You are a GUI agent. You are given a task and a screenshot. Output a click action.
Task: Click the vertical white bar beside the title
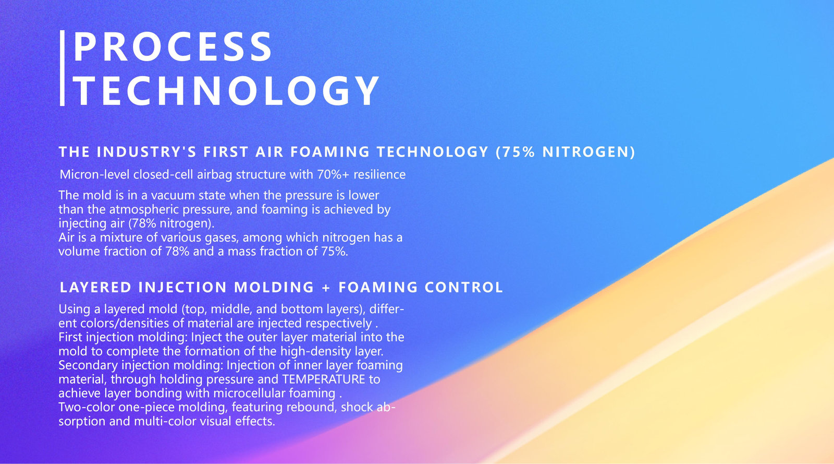62,68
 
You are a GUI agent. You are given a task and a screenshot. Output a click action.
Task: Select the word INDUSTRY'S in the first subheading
146,152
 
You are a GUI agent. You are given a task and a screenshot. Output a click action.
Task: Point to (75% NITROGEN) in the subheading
566,152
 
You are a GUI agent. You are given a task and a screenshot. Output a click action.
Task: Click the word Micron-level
94,174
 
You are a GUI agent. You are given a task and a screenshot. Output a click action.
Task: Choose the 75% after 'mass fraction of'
334,252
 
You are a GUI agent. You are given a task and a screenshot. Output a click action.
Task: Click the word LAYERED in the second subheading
96,288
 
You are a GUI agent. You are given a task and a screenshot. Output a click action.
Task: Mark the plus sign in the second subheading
326,288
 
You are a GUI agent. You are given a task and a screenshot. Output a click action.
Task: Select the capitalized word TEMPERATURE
324,379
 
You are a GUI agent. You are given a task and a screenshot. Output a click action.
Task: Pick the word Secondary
88,365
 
